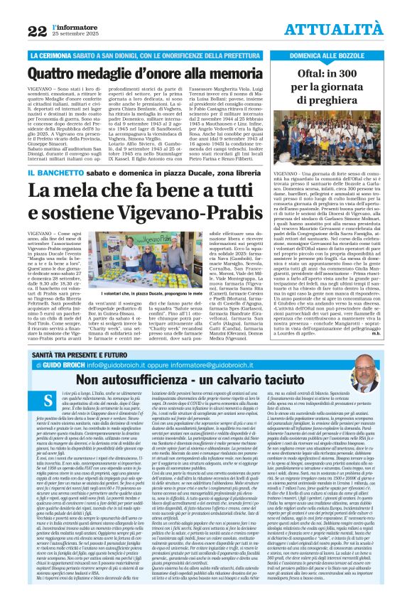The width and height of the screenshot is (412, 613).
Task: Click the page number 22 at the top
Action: [x=37, y=30]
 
